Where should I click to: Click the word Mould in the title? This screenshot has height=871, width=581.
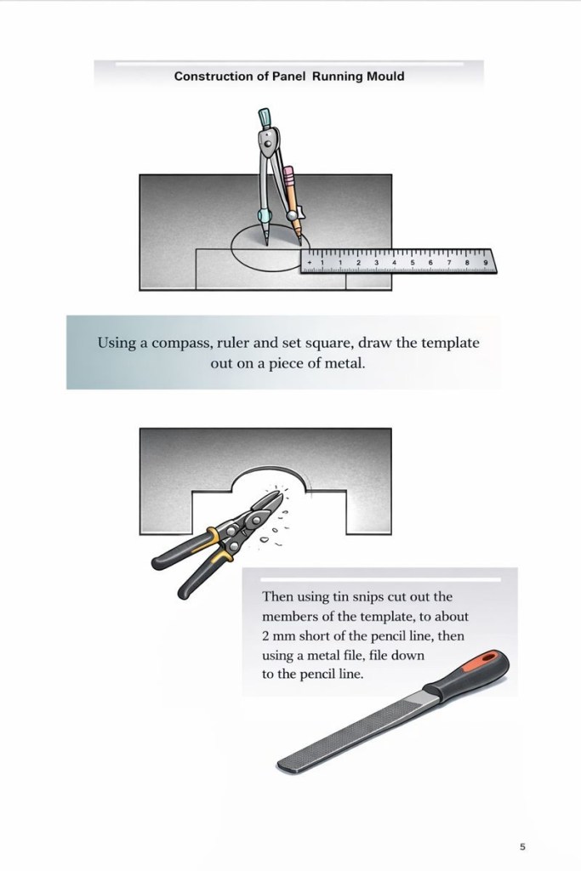(385, 76)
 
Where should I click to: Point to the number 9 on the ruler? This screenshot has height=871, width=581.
(486, 262)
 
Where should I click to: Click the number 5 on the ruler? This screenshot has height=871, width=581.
(412, 262)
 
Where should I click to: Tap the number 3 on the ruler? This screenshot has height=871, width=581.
(376, 262)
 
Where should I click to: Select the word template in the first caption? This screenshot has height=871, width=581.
(449, 343)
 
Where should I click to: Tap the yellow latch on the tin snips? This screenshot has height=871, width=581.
(220, 547)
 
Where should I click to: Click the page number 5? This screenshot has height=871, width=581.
(522, 846)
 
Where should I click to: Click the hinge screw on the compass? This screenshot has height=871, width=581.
(268, 143)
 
